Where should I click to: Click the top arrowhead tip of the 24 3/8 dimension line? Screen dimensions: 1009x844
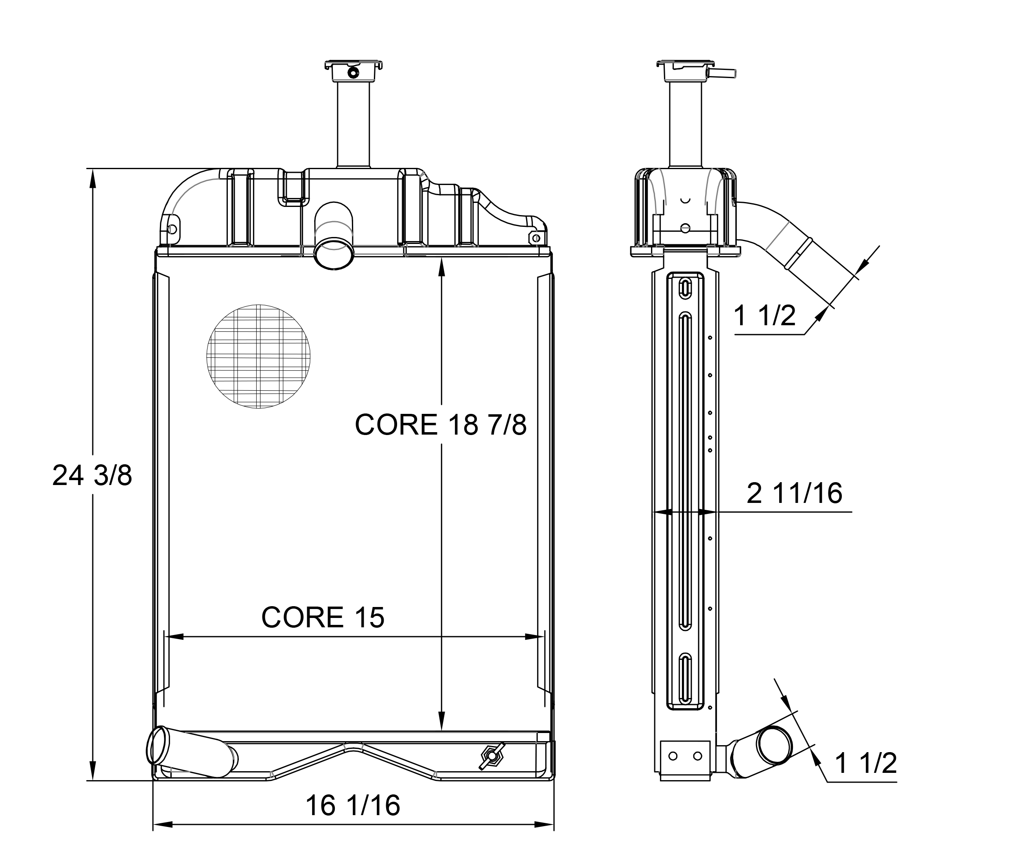tap(93, 169)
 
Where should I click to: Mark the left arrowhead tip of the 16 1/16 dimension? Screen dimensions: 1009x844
tap(153, 825)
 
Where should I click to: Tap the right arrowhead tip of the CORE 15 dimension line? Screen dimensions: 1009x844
tap(544, 637)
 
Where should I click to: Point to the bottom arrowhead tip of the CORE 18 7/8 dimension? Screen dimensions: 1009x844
tap(442, 731)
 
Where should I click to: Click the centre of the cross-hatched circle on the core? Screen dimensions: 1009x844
tap(258, 356)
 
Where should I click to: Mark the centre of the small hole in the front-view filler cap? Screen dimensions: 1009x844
tap(354, 73)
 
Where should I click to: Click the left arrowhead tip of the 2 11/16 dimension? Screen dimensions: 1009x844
tap(653, 512)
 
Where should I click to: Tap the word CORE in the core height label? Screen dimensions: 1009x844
tap(396, 424)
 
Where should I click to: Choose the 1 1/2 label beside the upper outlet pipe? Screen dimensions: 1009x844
tap(765, 316)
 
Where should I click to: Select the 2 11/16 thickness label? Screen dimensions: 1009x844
tap(794, 493)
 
